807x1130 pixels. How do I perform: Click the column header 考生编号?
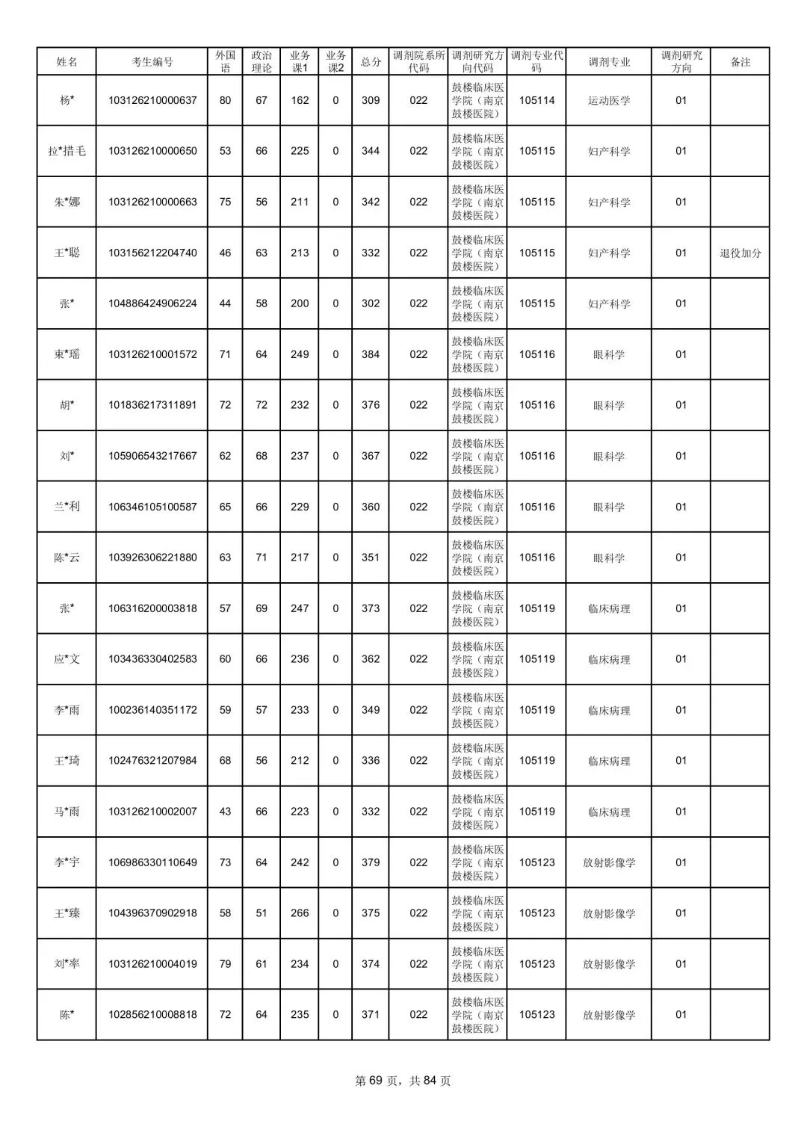pos(152,62)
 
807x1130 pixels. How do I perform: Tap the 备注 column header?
pos(740,62)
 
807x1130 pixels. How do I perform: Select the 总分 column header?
pos(371,62)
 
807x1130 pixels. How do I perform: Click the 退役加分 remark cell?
pos(740,253)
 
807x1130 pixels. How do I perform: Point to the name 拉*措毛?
pos(67,151)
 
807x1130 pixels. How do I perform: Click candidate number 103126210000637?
pos(152,100)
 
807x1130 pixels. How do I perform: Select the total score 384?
pos(371,354)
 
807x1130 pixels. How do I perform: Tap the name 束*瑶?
pos(67,354)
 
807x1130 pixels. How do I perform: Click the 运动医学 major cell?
pos(608,100)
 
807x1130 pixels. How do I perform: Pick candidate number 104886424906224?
pos(152,303)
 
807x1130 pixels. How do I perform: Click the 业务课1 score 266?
pos(300,913)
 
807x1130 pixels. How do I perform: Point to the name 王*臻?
pos(67,913)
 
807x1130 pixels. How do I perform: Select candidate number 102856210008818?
pos(152,1015)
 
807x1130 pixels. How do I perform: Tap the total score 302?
pos(371,303)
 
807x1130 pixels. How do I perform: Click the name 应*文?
pos(67,659)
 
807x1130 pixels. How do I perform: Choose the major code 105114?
pos(537,100)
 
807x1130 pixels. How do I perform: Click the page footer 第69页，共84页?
pos(403,1081)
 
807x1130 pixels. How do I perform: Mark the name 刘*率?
pos(67,964)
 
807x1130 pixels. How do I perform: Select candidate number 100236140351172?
pos(152,710)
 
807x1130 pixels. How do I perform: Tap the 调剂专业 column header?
pos(608,62)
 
